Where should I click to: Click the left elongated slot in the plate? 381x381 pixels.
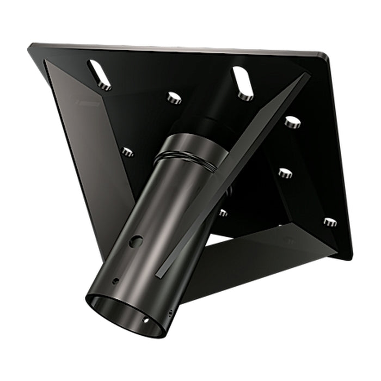99,75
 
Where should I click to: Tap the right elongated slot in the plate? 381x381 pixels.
243,83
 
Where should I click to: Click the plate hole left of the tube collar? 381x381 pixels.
127,152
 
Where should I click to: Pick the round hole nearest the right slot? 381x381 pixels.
293,122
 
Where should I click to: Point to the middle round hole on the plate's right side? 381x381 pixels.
285,173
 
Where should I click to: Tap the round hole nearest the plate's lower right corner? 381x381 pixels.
330,222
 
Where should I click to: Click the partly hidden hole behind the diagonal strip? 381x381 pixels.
223,212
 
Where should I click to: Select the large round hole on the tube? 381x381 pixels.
137,241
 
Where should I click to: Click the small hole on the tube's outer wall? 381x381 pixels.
115,281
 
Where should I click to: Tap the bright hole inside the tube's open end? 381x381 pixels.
145,320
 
